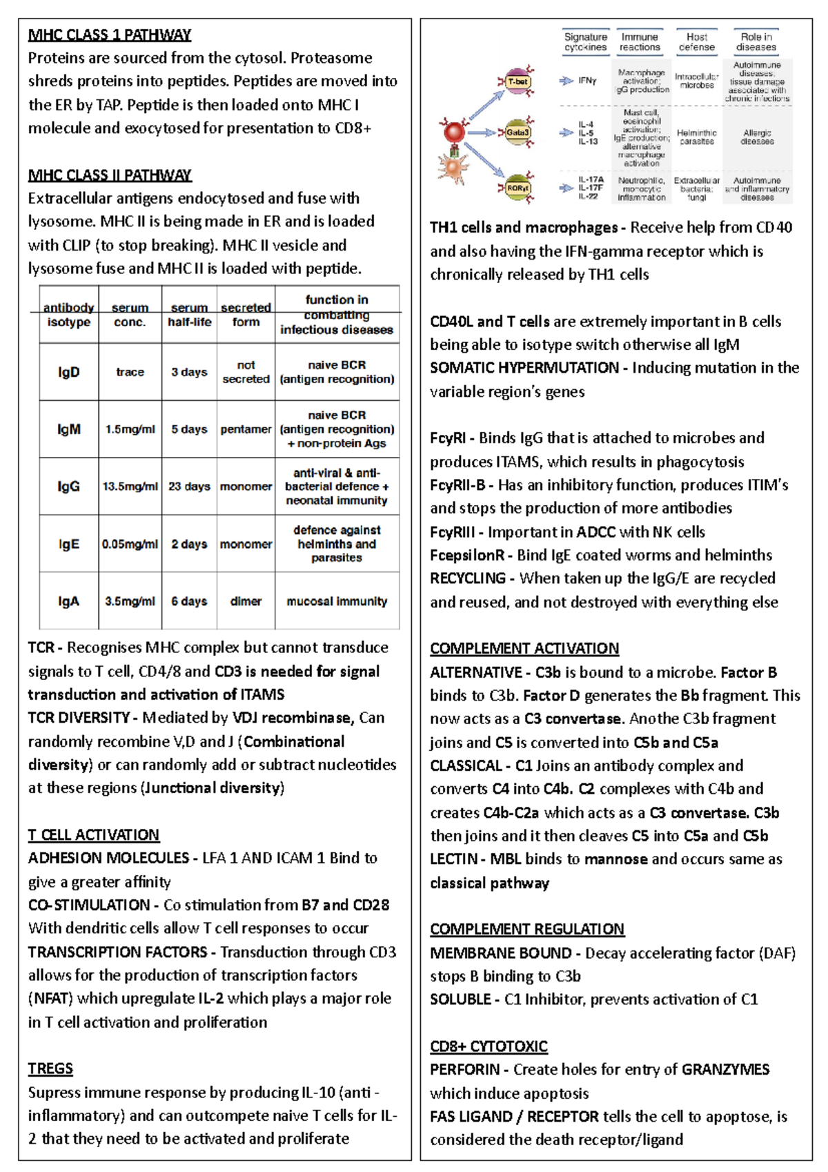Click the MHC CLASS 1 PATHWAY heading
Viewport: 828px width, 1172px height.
tap(109, 35)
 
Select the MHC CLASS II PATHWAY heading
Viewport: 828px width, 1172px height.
tap(110, 175)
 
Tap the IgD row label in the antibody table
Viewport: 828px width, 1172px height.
tap(68, 372)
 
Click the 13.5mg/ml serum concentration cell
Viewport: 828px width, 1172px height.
tap(130, 487)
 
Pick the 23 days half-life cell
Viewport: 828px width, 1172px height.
tap(189, 487)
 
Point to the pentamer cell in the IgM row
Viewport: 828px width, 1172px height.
tap(246, 429)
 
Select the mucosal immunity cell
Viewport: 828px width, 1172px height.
tap(337, 601)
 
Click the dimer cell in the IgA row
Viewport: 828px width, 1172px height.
tap(246, 601)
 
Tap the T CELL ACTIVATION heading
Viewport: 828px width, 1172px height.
tap(93, 835)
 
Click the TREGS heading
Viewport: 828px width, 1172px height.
tap(50, 1068)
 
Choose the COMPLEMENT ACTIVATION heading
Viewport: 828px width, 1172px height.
tap(524, 649)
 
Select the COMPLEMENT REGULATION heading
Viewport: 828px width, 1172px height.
tap(527, 929)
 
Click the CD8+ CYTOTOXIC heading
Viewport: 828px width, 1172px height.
tap(489, 1046)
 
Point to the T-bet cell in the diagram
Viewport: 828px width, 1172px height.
tap(517, 81)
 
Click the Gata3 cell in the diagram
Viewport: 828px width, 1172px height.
tap(517, 133)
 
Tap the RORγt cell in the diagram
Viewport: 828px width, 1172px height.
tap(517, 188)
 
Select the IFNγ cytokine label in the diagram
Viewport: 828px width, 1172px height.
tap(587, 81)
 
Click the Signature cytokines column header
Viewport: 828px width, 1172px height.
tap(586, 42)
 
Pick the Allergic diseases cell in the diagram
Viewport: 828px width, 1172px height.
tap(757, 137)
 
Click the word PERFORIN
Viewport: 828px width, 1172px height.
tap(465, 1070)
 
